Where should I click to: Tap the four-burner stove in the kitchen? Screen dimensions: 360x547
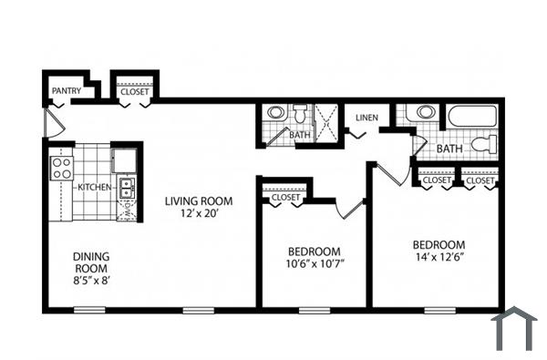click(x=62, y=168)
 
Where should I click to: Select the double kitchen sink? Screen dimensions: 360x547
click(x=127, y=188)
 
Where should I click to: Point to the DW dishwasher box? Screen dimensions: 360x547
click(x=128, y=209)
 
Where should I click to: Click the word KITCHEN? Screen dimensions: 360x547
click(x=95, y=187)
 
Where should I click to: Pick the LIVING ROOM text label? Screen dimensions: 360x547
click(x=199, y=201)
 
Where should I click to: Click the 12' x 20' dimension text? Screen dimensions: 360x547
click(x=199, y=214)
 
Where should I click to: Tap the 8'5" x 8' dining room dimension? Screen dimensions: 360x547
click(x=91, y=282)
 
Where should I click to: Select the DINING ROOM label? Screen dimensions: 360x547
click(x=91, y=262)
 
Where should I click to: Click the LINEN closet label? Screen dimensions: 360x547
click(x=366, y=118)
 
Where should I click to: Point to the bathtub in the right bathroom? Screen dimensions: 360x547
click(x=470, y=118)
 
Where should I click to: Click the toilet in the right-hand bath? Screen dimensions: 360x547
click(x=490, y=144)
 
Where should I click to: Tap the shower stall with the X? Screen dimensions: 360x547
click(x=326, y=119)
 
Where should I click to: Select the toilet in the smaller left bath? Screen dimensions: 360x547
click(x=302, y=115)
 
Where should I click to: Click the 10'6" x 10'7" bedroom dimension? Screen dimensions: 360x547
click(x=315, y=265)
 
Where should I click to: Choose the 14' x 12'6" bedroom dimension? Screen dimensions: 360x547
click(x=439, y=258)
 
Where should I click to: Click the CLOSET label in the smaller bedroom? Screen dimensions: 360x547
click(x=285, y=198)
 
